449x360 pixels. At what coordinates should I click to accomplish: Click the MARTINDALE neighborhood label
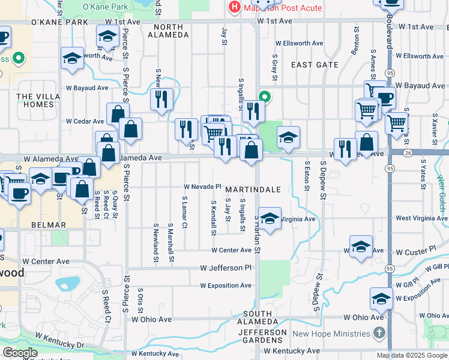coord(253,189)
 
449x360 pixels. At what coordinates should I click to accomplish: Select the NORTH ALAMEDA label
coord(171,31)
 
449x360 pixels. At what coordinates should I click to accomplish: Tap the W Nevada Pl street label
coord(203,187)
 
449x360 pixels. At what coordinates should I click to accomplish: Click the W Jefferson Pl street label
coord(225,268)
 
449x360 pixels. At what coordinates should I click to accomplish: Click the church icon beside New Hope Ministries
coord(379,332)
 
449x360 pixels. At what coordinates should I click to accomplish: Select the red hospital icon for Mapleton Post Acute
coord(234,8)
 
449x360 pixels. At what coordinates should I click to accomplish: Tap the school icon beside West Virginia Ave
coord(270,218)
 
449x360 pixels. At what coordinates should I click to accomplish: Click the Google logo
coord(20,353)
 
